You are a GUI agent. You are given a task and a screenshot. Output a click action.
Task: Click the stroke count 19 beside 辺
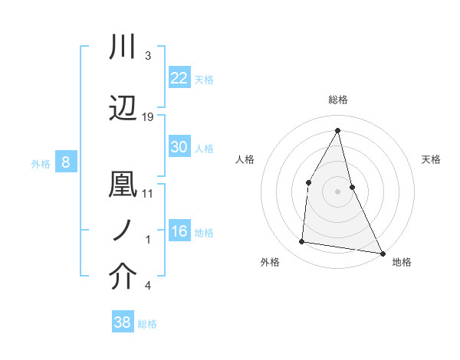click(x=148, y=116)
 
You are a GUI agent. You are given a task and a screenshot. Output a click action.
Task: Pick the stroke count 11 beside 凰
click(x=148, y=193)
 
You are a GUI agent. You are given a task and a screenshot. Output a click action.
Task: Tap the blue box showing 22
click(x=179, y=77)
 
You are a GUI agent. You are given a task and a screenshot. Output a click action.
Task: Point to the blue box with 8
click(x=66, y=162)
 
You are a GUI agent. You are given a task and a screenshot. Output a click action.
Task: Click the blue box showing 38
click(x=123, y=322)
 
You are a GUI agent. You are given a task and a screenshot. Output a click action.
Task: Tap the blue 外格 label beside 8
click(x=40, y=163)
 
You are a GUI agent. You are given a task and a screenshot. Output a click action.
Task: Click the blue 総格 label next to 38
click(x=147, y=324)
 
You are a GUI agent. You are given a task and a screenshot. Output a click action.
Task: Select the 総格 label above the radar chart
click(x=337, y=100)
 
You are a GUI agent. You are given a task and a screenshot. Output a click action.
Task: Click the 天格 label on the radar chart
click(x=431, y=159)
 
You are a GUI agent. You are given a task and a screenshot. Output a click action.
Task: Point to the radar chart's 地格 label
click(x=402, y=262)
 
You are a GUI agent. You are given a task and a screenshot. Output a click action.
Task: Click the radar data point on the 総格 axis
click(x=337, y=130)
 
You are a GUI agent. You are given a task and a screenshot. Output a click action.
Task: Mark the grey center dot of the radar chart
click(x=337, y=191)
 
